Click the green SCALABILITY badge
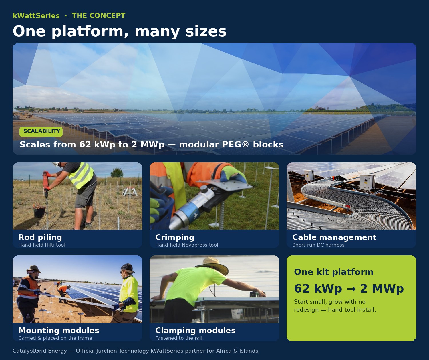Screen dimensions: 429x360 pyautogui.click(x=41, y=131)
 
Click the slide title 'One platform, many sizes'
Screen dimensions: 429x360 pyautogui.click(x=120, y=31)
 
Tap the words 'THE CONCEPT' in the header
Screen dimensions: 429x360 pyautogui.click(x=98, y=16)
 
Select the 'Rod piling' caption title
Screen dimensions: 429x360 pyautogui.click(x=40, y=237)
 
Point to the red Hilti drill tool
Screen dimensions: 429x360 pyautogui.click(x=45, y=183)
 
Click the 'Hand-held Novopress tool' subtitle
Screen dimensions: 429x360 pyautogui.click(x=186, y=245)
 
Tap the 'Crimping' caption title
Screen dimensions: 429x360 pyautogui.click(x=175, y=237)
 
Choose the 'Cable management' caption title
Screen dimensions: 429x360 pyautogui.click(x=334, y=237)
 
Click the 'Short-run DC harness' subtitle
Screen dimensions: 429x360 pyautogui.click(x=318, y=245)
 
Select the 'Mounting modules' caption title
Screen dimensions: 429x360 pyautogui.click(x=59, y=331)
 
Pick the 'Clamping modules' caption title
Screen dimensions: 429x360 pyautogui.click(x=195, y=331)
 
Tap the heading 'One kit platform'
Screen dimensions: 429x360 pyautogui.click(x=333, y=272)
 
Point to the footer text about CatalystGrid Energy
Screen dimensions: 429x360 pyautogui.click(x=135, y=351)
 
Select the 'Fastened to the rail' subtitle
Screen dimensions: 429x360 pyautogui.click(x=179, y=338)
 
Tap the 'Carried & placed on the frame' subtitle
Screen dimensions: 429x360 pyautogui.click(x=55, y=338)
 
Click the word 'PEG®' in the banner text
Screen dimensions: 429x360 pyautogui.click(x=235, y=145)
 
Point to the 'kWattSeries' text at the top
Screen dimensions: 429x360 pyautogui.click(x=36, y=16)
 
